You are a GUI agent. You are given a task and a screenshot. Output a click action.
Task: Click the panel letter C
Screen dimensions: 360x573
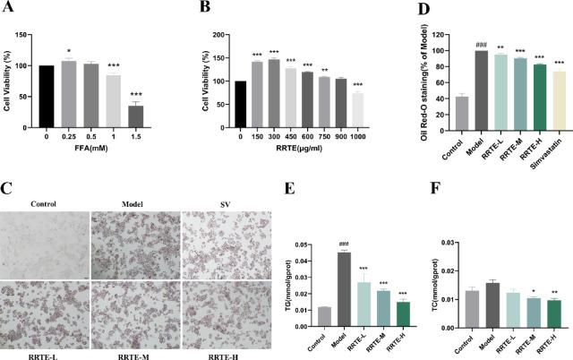point(6,165)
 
